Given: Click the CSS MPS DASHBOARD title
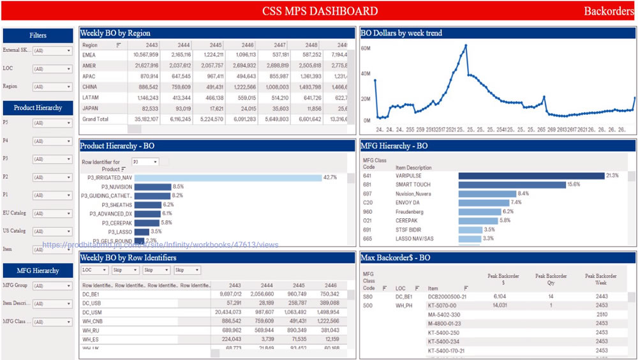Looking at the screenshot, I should tap(320, 11).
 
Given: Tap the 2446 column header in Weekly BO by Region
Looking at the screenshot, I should tap(247, 45).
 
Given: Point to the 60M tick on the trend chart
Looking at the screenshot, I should tap(366, 48).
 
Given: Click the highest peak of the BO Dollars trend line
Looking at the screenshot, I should tap(466, 45).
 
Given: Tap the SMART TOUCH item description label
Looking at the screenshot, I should tap(413, 184).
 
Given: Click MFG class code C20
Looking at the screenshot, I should tap(367, 202).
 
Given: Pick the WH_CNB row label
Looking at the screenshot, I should tap(93, 321).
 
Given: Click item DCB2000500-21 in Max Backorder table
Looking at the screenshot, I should tap(447, 297).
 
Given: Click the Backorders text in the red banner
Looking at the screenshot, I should tap(609, 11).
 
